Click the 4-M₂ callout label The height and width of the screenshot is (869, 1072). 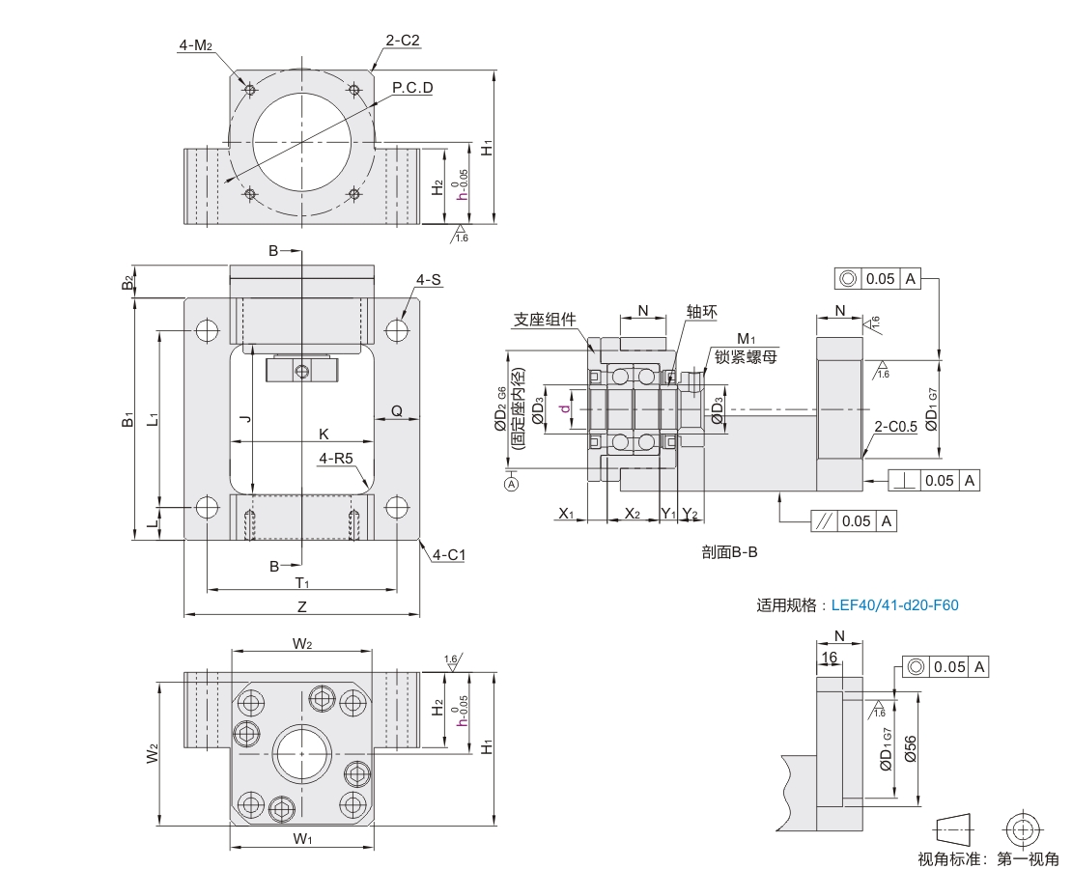coord(194,44)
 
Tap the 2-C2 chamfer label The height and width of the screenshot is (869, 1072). coord(403,41)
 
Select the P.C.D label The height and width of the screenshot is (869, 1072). coord(412,88)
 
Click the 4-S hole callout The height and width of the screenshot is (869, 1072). coord(429,280)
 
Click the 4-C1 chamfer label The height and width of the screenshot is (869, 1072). coord(449,554)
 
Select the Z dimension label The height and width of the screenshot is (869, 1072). coord(302,606)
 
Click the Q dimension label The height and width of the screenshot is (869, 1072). coord(397,411)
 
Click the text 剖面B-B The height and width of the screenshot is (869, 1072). coord(731,553)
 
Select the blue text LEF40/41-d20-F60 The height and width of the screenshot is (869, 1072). coord(894,605)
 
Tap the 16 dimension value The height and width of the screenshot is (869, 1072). coord(829,657)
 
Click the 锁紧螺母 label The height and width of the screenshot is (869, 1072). coord(746,355)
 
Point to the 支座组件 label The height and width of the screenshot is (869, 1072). coord(545,319)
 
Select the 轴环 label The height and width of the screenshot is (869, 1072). coord(701,311)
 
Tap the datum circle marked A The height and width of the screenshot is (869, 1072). coord(511,485)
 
